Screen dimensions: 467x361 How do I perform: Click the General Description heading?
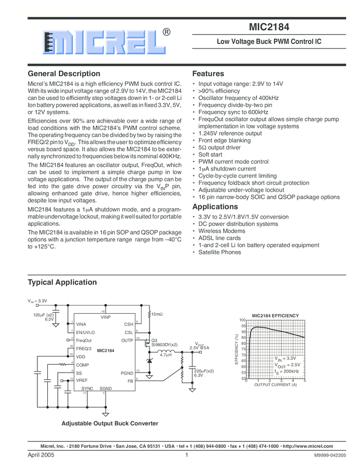[x=64, y=74]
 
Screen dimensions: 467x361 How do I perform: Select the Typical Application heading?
[x=62, y=282]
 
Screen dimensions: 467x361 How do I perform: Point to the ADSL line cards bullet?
[x=219, y=238]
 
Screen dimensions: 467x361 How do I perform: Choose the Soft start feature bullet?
[x=212, y=154]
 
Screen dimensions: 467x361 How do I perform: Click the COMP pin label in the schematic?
[x=82, y=364]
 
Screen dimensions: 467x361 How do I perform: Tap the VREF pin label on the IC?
[x=82, y=380]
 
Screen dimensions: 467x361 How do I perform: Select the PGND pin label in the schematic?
[x=127, y=373]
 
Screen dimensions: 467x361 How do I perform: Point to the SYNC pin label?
[x=87, y=388]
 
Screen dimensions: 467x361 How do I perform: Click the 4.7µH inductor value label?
[x=166, y=355]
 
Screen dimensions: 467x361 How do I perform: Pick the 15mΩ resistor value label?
[x=158, y=314]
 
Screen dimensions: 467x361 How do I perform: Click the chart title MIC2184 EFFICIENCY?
[x=275, y=315]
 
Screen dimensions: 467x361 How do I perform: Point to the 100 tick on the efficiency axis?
[x=242, y=320]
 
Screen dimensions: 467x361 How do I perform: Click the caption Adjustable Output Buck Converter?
[x=110, y=424]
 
